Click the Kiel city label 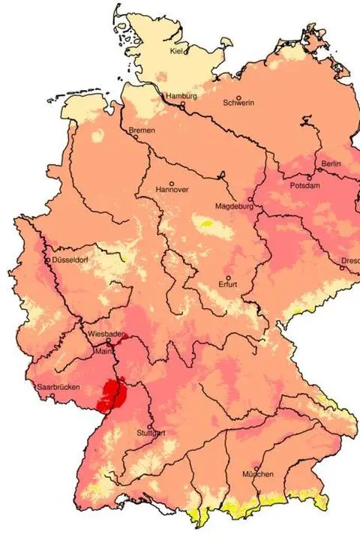coord(177,51)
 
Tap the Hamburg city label coord(181,97)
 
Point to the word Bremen coord(142,130)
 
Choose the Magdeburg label coord(235,206)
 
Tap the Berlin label coord(331,163)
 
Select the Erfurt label coord(229,284)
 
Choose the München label coord(257,475)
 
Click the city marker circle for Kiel coord(185,51)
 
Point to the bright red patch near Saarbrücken coord(113,391)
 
